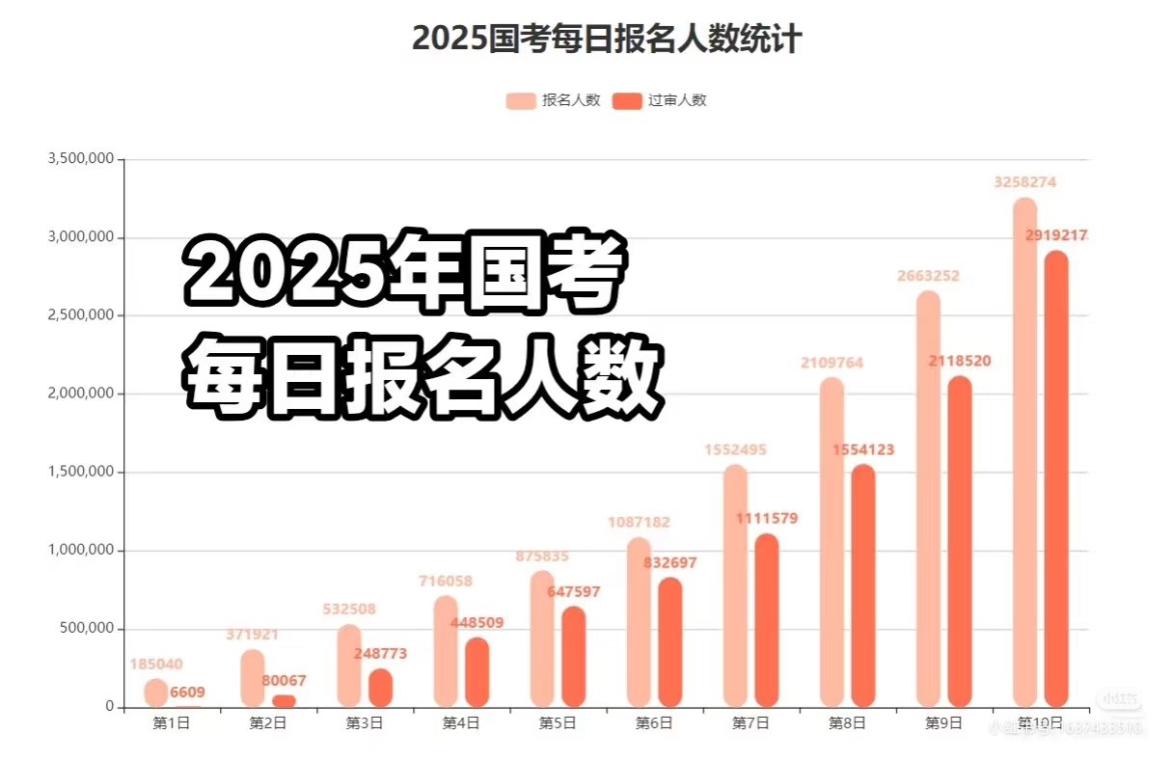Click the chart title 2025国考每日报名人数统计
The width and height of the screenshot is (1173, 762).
(607, 40)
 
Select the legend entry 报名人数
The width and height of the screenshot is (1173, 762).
(554, 100)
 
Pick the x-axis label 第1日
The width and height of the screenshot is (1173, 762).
(172, 722)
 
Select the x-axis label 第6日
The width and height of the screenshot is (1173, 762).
(654, 722)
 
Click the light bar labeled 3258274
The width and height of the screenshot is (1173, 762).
(1024, 453)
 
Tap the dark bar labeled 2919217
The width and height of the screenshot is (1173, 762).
(1056, 482)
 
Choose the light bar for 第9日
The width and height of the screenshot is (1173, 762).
(928, 502)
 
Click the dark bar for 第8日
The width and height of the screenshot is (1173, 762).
(863, 588)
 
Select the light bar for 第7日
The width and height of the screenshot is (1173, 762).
(735, 588)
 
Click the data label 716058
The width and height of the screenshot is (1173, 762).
(446, 581)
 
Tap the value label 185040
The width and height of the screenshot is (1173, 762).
(156, 664)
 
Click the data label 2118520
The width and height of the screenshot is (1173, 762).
(960, 361)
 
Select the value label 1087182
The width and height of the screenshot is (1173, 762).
(639, 522)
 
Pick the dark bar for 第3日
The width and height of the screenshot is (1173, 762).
(381, 689)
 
